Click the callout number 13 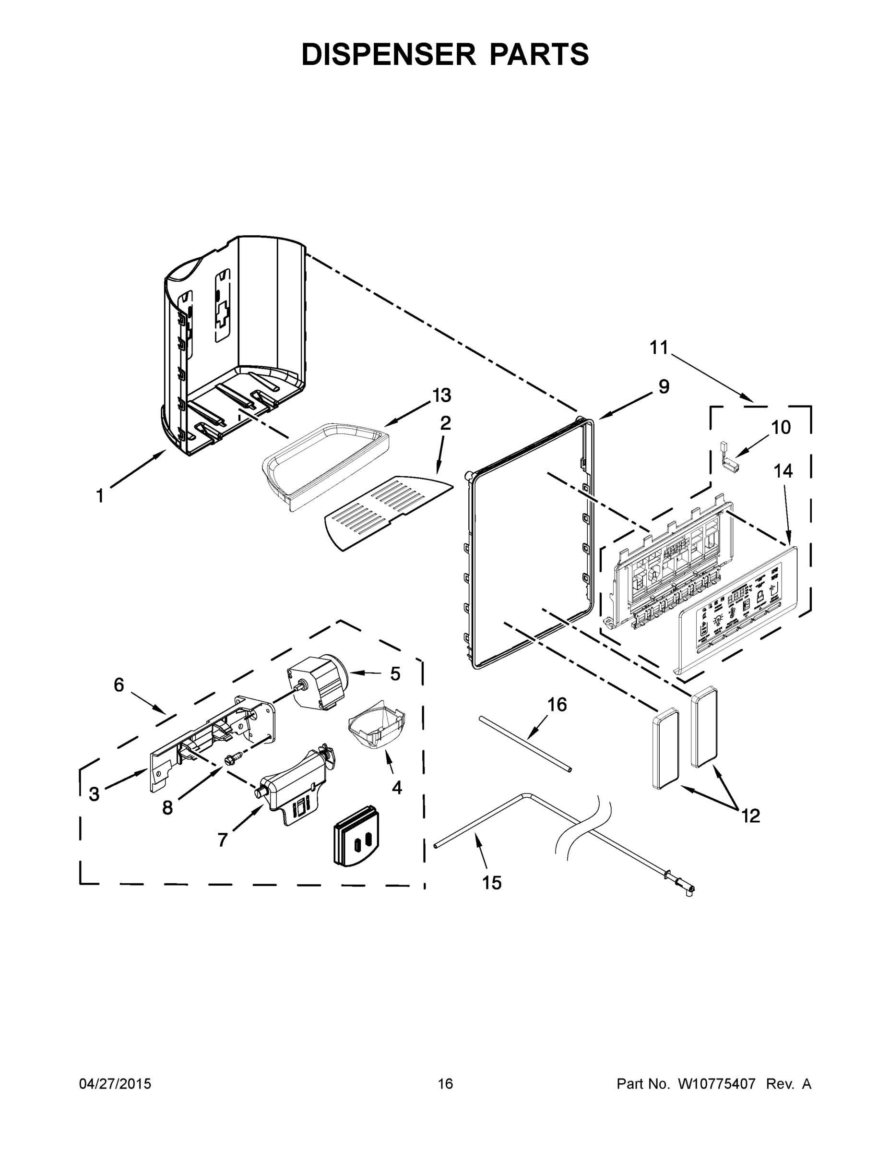(442, 395)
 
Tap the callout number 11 (659, 348)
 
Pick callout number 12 (751, 816)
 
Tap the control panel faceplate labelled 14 (738, 612)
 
